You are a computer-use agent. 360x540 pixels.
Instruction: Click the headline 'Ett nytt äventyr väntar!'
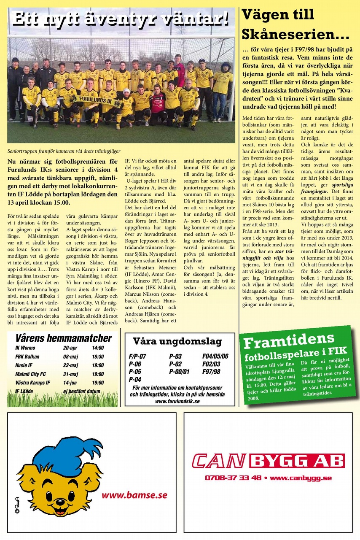tap(121, 19)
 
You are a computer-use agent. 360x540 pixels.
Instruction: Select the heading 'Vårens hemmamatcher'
tap(63, 338)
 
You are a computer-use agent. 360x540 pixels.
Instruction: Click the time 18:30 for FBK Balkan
tap(98, 356)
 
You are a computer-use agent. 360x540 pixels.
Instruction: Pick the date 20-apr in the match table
tap(70, 348)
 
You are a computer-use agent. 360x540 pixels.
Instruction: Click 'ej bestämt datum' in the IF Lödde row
tap(82, 391)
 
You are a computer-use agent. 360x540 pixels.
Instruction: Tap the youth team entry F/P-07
tap(137, 356)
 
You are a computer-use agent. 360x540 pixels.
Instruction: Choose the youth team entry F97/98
tap(211, 372)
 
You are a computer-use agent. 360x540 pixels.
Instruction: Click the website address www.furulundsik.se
tap(177, 401)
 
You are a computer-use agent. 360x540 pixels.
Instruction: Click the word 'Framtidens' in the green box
tap(289, 340)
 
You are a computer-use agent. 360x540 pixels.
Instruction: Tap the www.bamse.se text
tap(134, 495)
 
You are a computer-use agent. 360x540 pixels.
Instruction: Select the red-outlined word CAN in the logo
tap(219, 461)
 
